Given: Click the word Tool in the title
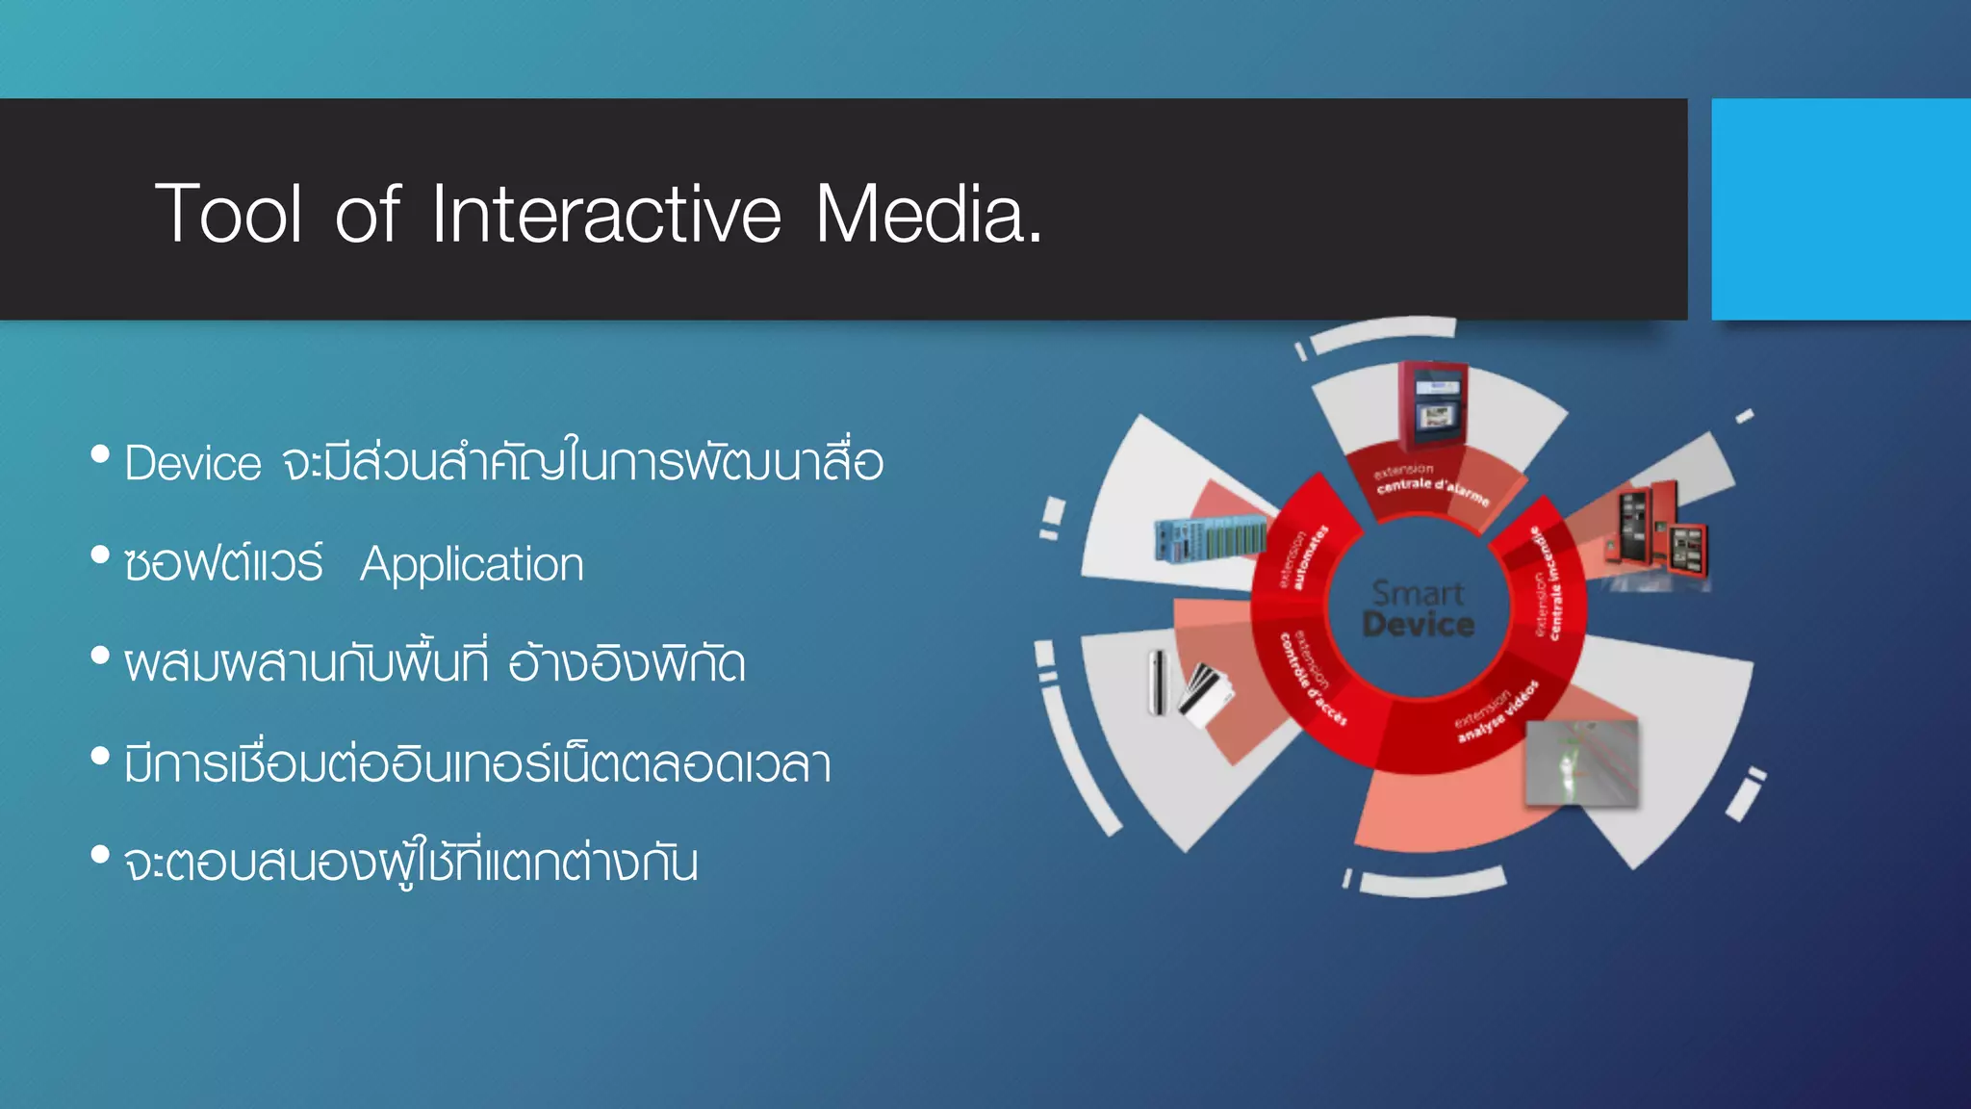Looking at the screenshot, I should pyautogui.click(x=229, y=213).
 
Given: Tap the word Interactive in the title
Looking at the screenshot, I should pyautogui.click(x=605, y=213).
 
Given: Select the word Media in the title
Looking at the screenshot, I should pyautogui.click(x=927, y=213).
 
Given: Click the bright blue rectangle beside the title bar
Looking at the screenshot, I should pyautogui.click(x=1840, y=209).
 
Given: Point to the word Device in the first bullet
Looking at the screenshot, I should pyautogui.click(x=192, y=464).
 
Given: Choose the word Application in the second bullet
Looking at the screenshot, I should pyautogui.click(x=472, y=564).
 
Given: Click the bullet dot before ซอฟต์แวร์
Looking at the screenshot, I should pyautogui.click(x=100, y=554).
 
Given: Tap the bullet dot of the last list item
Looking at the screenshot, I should pyautogui.click(x=100, y=854).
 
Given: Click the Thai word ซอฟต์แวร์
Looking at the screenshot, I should pyautogui.click(x=223, y=564).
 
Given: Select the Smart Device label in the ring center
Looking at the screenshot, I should pyautogui.click(x=1418, y=608).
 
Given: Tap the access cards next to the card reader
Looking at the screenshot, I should pyautogui.click(x=1206, y=693).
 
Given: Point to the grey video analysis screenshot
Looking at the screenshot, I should pyautogui.click(x=1581, y=762).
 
